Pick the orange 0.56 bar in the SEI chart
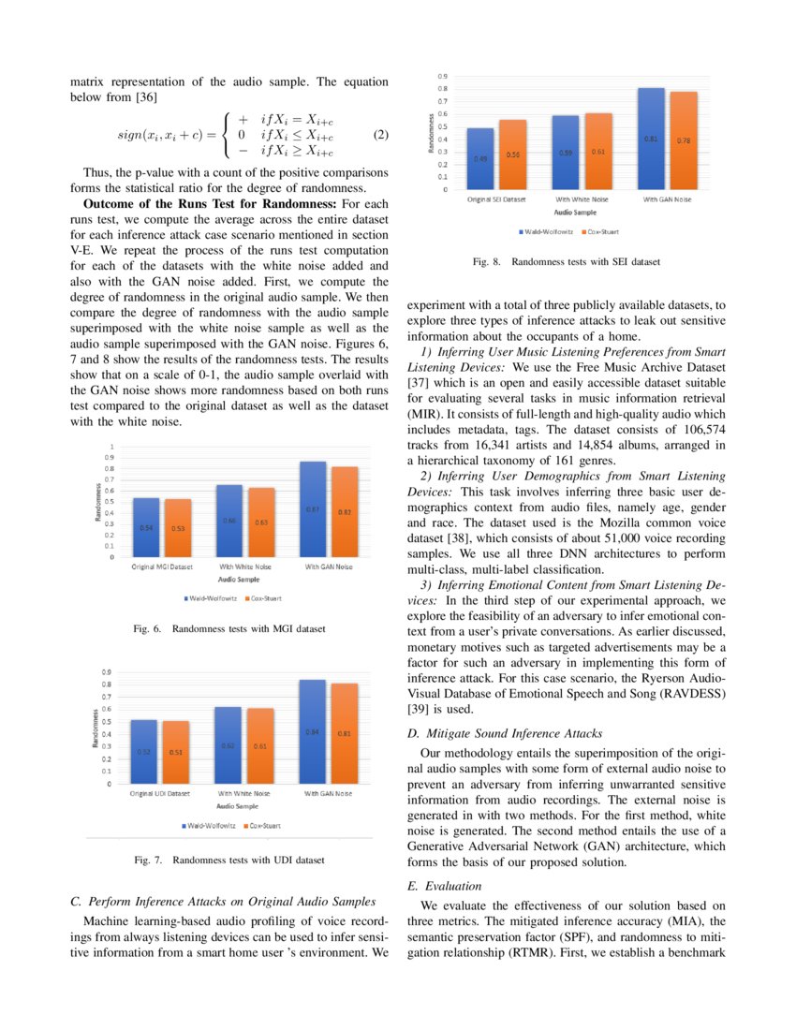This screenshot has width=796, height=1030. tap(513, 154)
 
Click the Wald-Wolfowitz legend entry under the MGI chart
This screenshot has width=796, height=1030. tap(211, 597)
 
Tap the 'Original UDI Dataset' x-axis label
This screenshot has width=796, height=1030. tap(159, 793)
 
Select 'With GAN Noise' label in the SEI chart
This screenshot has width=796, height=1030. tap(668, 199)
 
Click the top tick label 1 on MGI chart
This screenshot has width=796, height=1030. tap(113, 447)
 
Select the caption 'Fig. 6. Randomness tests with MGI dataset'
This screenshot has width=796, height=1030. tap(229, 629)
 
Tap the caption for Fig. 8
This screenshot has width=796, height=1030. tap(567, 262)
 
